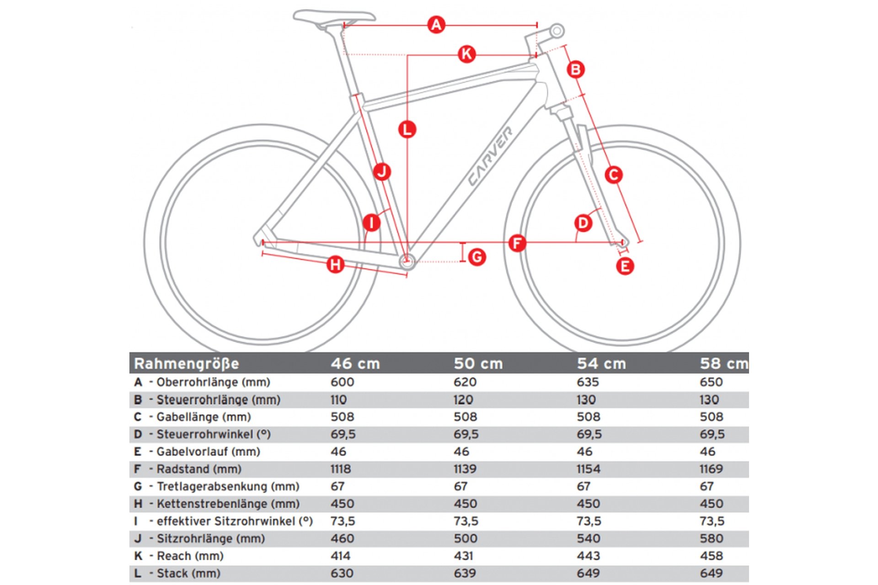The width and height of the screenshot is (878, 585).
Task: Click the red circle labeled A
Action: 436,24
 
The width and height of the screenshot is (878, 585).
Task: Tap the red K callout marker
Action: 466,54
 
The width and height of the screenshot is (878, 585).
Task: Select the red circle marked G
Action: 477,257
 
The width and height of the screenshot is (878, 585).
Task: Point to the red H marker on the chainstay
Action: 335,264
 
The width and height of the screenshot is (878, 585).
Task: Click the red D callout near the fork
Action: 583,223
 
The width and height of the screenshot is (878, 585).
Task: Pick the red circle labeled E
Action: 625,266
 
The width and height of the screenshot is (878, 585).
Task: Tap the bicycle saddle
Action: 334,17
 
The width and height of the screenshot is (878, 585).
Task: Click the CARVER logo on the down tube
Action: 490,156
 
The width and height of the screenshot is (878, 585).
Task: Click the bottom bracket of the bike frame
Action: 407,261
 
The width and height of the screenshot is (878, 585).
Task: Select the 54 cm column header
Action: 601,363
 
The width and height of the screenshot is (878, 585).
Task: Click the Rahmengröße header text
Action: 187,363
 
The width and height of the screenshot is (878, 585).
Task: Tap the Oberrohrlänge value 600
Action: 342,382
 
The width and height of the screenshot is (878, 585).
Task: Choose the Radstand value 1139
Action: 465,469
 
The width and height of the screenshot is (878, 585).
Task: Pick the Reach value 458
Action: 711,556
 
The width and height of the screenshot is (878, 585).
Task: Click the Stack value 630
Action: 342,573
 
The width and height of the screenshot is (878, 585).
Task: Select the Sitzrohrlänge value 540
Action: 588,538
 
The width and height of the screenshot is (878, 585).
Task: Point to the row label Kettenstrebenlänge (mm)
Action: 228,504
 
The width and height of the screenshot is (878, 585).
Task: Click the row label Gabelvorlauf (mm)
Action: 208,452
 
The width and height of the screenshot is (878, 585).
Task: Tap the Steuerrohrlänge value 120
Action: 463,399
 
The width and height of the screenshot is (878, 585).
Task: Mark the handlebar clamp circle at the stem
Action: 557,31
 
